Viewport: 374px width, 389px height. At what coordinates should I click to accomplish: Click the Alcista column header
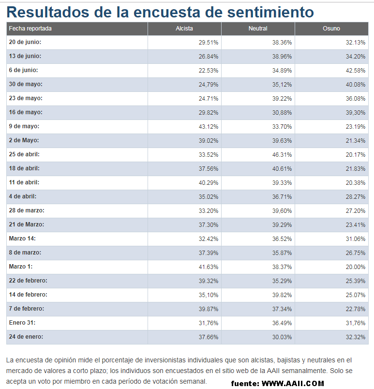[x=184, y=29]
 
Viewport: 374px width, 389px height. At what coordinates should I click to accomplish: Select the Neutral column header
[x=258, y=29]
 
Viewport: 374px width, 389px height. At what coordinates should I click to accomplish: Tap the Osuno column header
[x=331, y=29]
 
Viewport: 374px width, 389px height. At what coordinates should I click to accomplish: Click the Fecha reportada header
[x=30, y=29]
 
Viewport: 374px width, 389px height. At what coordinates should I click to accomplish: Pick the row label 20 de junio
[x=25, y=43]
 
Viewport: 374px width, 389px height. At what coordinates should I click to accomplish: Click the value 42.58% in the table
[x=356, y=71]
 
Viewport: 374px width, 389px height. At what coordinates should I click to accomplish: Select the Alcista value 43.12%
[x=209, y=127]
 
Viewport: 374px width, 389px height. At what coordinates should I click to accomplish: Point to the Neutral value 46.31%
[x=282, y=155]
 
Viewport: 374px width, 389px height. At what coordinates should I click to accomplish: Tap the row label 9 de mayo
[x=24, y=126]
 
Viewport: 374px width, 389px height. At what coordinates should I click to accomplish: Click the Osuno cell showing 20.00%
[x=356, y=267]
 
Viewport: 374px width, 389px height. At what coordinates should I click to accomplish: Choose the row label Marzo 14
[x=22, y=239]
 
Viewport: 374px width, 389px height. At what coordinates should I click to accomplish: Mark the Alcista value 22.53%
[x=209, y=71]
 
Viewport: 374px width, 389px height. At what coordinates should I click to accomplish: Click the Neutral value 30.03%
[x=282, y=337]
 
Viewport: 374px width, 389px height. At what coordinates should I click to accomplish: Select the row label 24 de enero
[x=26, y=337]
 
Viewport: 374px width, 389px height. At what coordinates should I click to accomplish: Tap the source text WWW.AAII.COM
[x=293, y=384]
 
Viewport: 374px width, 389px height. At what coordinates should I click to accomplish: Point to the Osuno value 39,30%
[x=356, y=113]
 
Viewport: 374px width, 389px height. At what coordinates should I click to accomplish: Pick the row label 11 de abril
[x=24, y=182]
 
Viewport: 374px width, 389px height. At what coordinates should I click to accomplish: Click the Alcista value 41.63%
[x=209, y=267]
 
